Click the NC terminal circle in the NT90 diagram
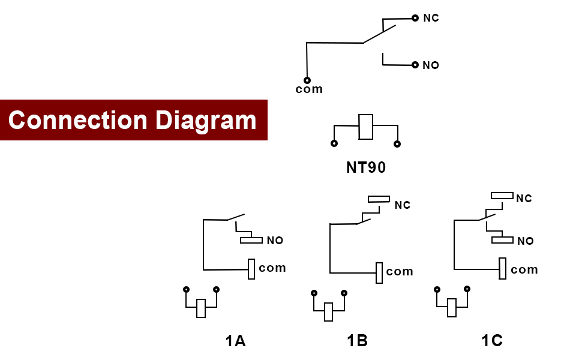[415, 18]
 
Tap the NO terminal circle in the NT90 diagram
[415, 65]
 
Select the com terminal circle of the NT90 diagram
[307, 80]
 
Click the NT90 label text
[366, 167]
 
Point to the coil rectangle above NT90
[366, 127]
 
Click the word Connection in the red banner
[77, 120]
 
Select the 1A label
[235, 341]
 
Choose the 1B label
[357, 341]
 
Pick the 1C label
[491, 341]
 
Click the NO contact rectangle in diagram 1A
[251, 240]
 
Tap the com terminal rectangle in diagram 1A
[252, 269]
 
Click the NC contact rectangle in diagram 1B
[379, 199]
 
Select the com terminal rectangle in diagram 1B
[379, 272]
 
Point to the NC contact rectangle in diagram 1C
[502, 195]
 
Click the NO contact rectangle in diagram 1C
[502, 240]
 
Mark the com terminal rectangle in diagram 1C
[503, 268]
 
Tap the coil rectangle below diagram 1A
[201, 308]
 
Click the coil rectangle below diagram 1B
[328, 312]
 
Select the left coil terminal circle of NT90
[334, 143]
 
